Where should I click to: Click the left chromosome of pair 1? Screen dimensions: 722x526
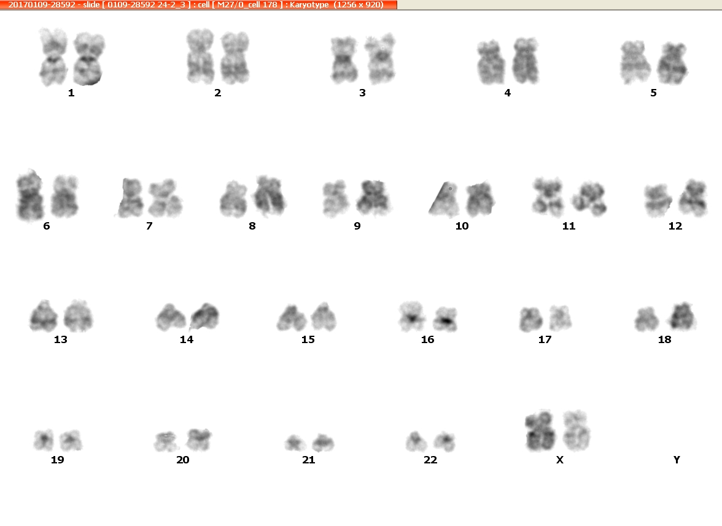point(53,57)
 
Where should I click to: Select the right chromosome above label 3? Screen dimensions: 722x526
point(381,58)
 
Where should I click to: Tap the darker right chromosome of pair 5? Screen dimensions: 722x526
point(672,63)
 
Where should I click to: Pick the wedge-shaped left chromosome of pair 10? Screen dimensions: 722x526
point(443,199)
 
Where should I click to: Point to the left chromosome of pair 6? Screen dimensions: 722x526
point(30,195)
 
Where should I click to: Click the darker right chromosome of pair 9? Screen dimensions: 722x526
point(373,198)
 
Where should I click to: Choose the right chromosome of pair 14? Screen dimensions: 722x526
point(205,317)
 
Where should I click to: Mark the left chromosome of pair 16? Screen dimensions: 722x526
point(411,316)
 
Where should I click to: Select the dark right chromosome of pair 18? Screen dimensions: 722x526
point(682,316)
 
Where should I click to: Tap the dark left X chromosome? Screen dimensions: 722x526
point(540,430)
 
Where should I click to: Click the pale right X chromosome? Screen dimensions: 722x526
point(576,431)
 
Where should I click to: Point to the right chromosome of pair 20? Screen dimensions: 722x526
point(198,439)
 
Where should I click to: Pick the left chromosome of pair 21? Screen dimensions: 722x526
point(295,443)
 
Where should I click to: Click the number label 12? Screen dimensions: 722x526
point(675,226)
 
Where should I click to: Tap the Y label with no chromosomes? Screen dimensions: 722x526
point(677,460)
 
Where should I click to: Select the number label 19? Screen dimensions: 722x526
point(57,460)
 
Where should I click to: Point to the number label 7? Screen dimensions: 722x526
point(149,226)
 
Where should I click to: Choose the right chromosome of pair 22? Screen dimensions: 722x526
point(444,442)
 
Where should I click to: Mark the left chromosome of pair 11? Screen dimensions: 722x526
point(548,197)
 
